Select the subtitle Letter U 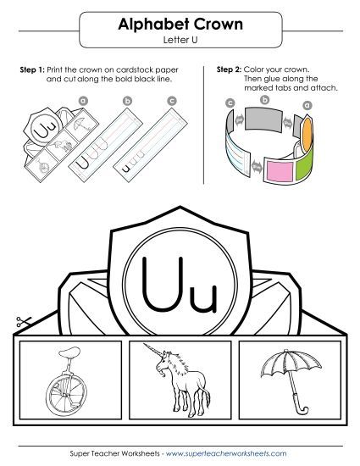pyautogui.click(x=180, y=41)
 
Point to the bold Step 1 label pyautogui.click(x=32, y=69)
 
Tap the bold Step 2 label pyautogui.click(x=230, y=69)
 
